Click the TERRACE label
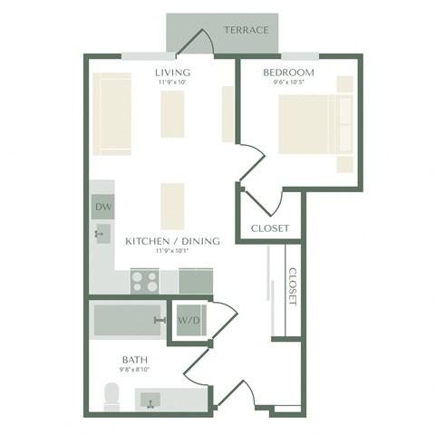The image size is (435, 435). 246,30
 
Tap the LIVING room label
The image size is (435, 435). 171,72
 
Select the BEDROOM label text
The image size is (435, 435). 288,72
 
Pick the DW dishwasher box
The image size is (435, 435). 102,207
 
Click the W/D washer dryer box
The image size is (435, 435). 189,320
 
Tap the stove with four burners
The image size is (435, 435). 144,280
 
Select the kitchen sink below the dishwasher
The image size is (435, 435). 101,234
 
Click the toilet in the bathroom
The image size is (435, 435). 112,395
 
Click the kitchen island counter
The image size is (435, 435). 172,206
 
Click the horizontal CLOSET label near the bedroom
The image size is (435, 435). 269,228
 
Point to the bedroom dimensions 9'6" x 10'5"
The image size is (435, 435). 288,83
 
